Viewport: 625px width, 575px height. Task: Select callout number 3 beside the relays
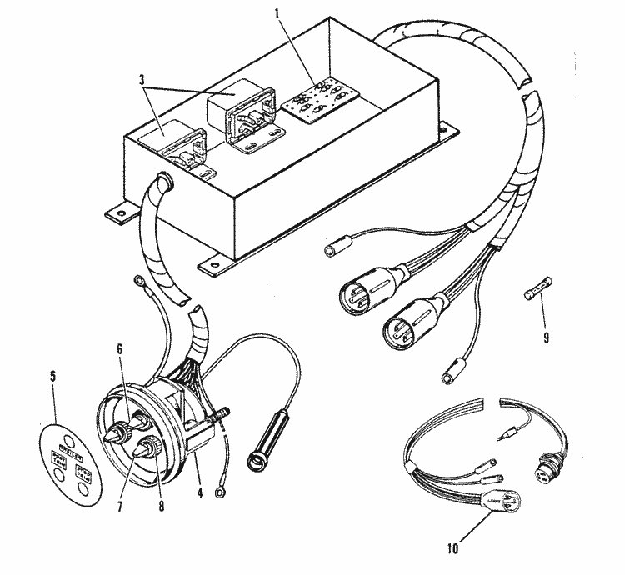tap(145, 80)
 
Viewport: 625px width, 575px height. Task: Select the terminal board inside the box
tap(314, 101)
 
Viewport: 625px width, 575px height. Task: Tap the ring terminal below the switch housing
tap(218, 494)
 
